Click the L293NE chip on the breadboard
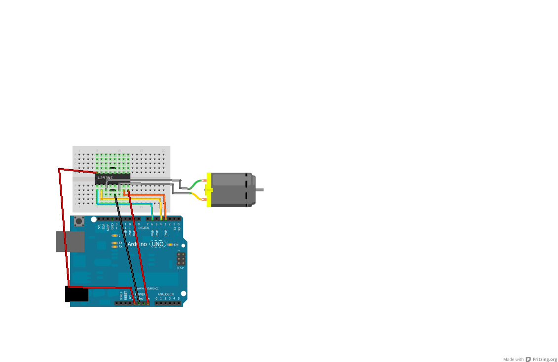112,179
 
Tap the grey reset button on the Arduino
79,221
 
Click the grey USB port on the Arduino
70,242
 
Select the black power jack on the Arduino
76,294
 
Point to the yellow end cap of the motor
209,189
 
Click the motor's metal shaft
260,189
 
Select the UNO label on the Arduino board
157,244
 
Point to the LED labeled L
114,235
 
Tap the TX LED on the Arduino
114,243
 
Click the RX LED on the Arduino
114,247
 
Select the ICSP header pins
181,258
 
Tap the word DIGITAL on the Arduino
144,228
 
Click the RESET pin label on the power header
125,295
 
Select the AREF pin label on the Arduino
108,226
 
